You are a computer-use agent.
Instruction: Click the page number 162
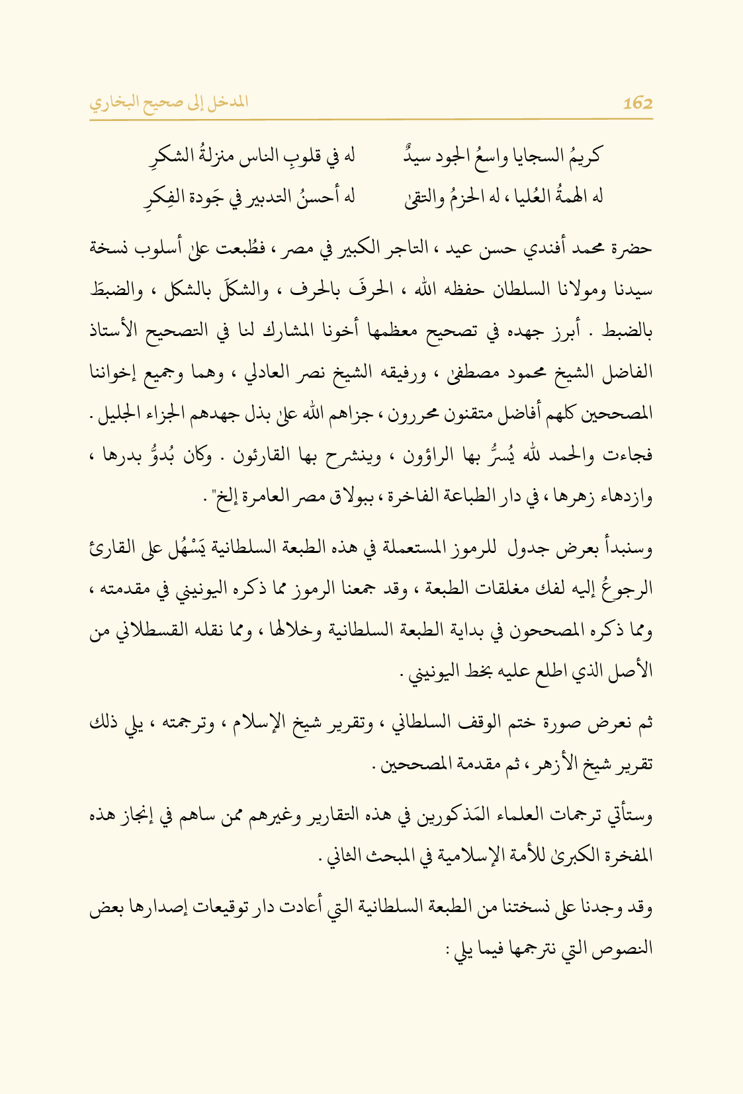point(637,103)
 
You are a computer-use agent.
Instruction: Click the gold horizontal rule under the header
point(371,119)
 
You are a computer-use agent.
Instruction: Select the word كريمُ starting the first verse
point(583,157)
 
